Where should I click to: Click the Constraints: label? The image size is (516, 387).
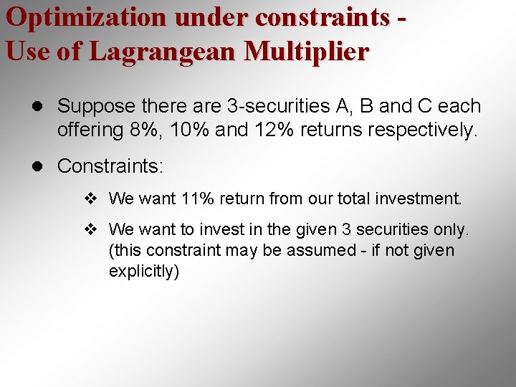tap(110, 166)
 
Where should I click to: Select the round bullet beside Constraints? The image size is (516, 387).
tap(39, 167)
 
